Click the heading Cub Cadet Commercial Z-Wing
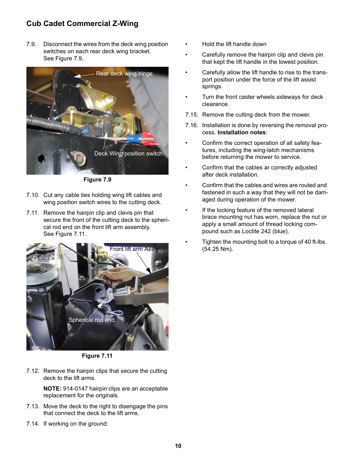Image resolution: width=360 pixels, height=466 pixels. [x=82, y=24]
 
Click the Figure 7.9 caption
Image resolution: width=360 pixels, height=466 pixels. [x=97, y=180]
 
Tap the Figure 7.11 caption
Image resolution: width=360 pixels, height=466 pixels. [x=97, y=356]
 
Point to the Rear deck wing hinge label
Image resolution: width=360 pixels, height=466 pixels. [x=124, y=74]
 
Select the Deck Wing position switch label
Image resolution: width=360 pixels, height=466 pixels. [x=128, y=154]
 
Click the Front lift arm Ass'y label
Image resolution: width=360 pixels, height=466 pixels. [x=134, y=249]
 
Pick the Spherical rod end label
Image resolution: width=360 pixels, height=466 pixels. [x=91, y=320]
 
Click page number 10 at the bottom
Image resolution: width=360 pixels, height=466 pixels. [x=178, y=446]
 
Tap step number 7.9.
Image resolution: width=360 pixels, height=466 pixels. [x=31, y=44]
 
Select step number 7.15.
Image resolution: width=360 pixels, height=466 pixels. [x=191, y=115]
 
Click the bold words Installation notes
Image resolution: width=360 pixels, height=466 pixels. [x=242, y=132]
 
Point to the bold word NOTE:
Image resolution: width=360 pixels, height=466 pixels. [x=52, y=389]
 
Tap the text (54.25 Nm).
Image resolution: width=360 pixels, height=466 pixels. [x=217, y=249]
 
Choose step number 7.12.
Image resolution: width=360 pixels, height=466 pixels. [x=33, y=371]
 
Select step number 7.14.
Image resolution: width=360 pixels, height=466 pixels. [x=33, y=424]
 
